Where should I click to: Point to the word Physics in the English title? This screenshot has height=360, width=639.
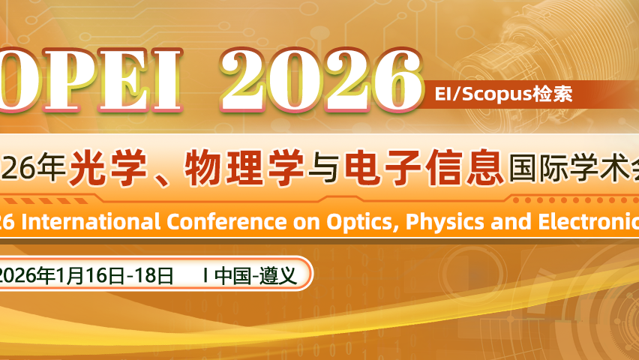(443, 221)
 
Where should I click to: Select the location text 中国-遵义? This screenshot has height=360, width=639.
(255, 275)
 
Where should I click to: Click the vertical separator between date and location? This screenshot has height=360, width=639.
(205, 275)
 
